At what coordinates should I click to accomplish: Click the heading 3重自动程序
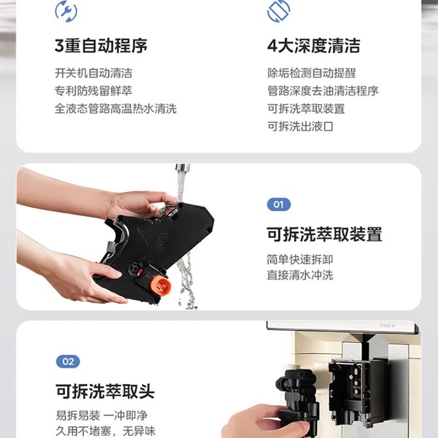tap(101, 46)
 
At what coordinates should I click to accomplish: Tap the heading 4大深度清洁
tap(314, 46)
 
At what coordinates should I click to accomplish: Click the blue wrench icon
tap(66, 11)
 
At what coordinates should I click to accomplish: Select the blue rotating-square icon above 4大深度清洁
tap(278, 10)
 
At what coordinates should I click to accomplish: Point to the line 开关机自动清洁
tap(93, 73)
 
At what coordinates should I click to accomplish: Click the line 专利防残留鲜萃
tap(93, 91)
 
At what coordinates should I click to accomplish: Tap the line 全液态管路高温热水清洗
tap(116, 109)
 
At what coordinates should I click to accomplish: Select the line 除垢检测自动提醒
tap(311, 73)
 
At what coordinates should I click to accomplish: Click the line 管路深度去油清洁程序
tap(323, 91)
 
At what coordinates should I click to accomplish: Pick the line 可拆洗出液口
tap(300, 127)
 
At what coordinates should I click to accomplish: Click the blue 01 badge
tap(278, 205)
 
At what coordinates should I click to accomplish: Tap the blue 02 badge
tap(68, 362)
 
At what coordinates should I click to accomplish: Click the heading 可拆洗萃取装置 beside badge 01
tap(324, 234)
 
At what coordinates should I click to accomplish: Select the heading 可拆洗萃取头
tap(105, 392)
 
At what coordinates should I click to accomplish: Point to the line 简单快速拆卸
tap(299, 260)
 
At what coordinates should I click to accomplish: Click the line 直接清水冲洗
tap(299, 275)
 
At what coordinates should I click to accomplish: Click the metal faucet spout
tap(182, 167)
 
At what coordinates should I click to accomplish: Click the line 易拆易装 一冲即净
tap(101, 415)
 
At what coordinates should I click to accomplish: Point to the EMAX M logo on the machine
tap(388, 326)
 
